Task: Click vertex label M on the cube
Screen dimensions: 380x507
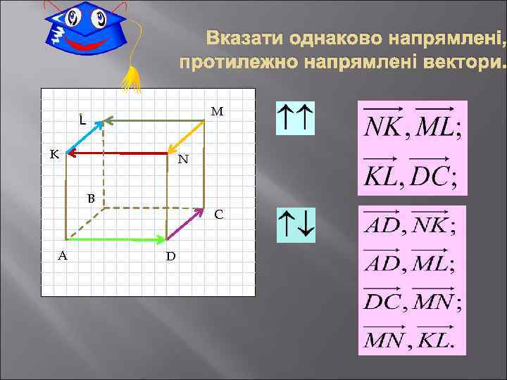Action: click(x=217, y=111)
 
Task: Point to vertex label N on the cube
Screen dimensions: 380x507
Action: click(x=183, y=160)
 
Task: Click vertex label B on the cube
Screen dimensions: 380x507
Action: click(x=91, y=198)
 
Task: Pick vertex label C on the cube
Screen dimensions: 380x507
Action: click(x=219, y=214)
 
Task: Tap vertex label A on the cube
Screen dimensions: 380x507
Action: click(x=63, y=255)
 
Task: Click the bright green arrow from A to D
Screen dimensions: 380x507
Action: click(x=116, y=240)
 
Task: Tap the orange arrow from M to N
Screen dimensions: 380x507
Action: click(x=187, y=137)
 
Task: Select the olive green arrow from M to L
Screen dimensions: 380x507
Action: click(x=151, y=121)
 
